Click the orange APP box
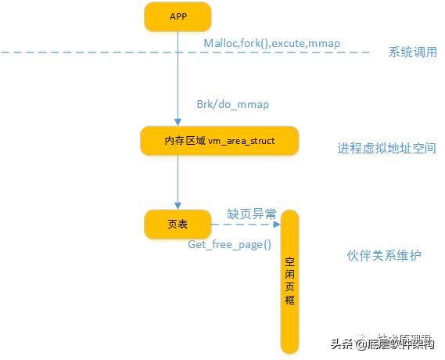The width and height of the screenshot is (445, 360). click(178, 17)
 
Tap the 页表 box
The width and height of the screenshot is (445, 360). click(178, 225)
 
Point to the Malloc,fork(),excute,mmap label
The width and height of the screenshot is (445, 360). click(271, 43)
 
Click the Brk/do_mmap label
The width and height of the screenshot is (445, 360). click(228, 105)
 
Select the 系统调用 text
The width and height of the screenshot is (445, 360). click(412, 52)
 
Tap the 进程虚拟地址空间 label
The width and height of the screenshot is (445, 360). click(386, 148)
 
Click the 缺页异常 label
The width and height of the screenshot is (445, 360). click(251, 213)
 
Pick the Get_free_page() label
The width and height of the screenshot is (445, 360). click(230, 244)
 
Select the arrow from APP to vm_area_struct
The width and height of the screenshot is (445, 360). click(178, 78)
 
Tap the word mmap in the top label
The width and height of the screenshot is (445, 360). click(325, 43)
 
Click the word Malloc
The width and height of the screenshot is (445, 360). click(221, 43)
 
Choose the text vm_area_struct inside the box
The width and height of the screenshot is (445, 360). click(242, 141)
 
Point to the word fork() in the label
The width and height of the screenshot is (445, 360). click(256, 43)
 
